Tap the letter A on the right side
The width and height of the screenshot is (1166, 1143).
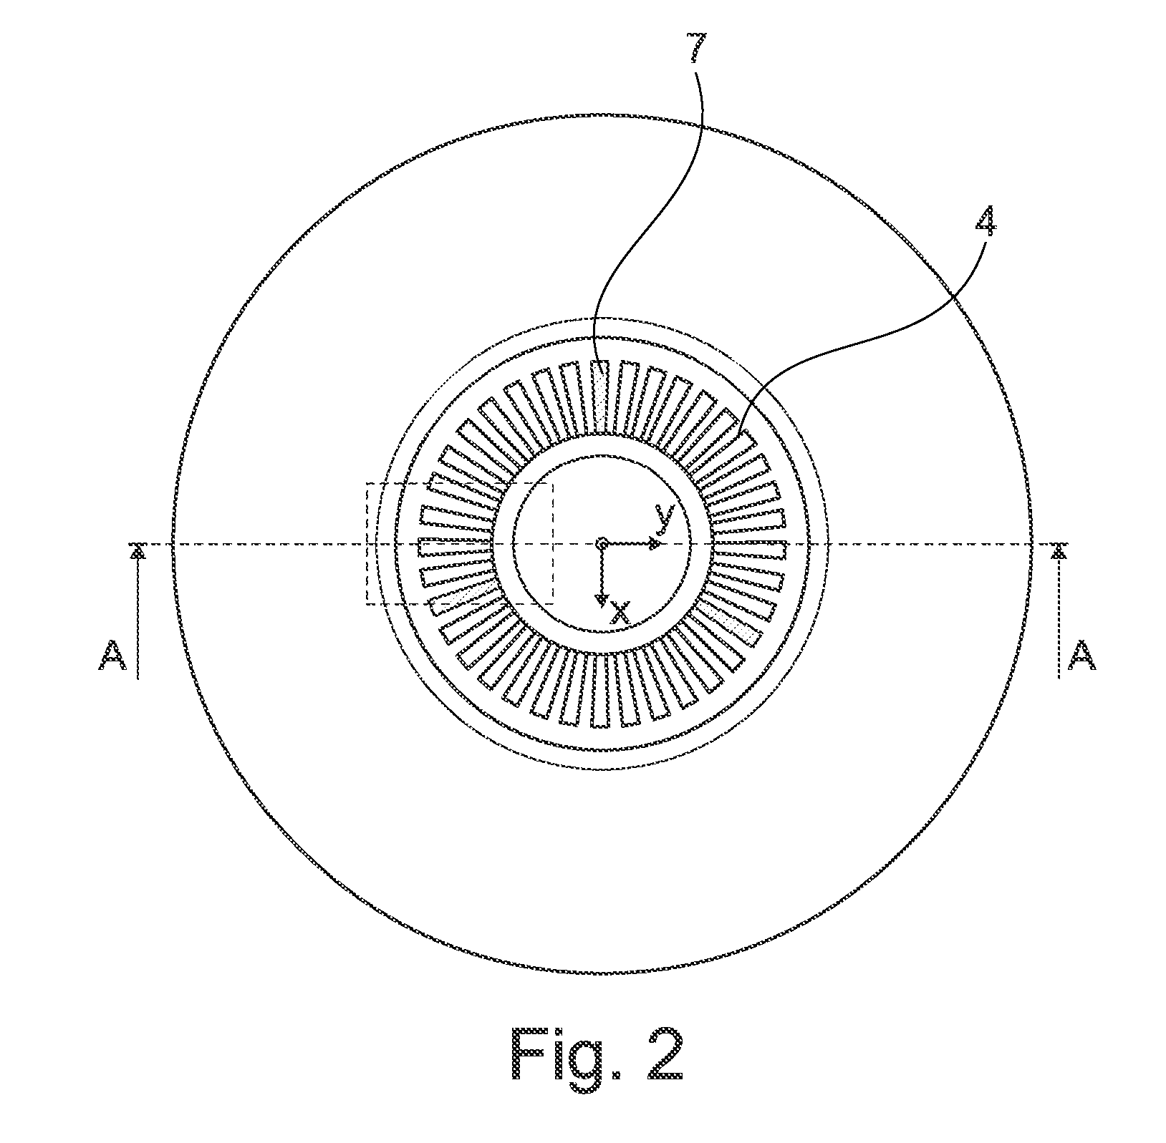pyautogui.click(x=1081, y=656)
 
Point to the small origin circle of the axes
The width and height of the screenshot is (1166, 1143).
pyautogui.click(x=602, y=545)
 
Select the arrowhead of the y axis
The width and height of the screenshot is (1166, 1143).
pyautogui.click(x=655, y=545)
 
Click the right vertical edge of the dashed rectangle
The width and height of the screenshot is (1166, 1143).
pyautogui.click(x=552, y=544)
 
